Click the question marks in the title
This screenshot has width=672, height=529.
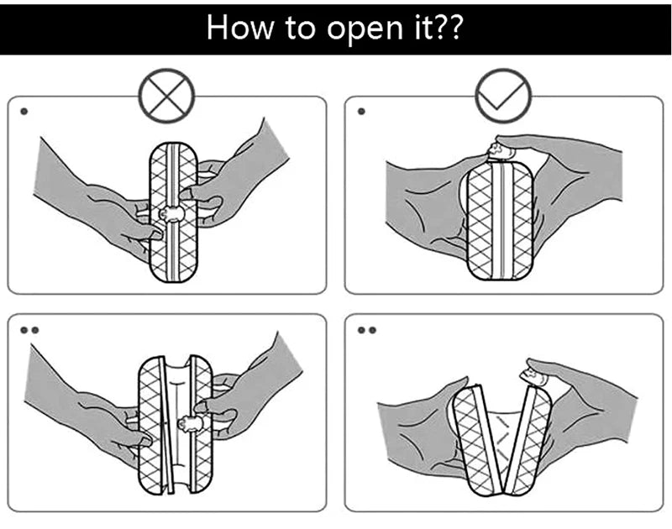tap(447, 27)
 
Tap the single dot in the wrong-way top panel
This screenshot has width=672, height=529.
tap(23, 111)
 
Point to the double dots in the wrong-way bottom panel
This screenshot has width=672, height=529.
tap(29, 330)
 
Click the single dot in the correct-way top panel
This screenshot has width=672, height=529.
tap(360, 111)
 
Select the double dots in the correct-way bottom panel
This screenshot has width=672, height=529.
tap(366, 330)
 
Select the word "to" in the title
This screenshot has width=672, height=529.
tap(292, 27)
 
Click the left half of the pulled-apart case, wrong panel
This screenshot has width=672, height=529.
tap(152, 424)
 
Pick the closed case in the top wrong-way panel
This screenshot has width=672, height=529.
tap(174, 214)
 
